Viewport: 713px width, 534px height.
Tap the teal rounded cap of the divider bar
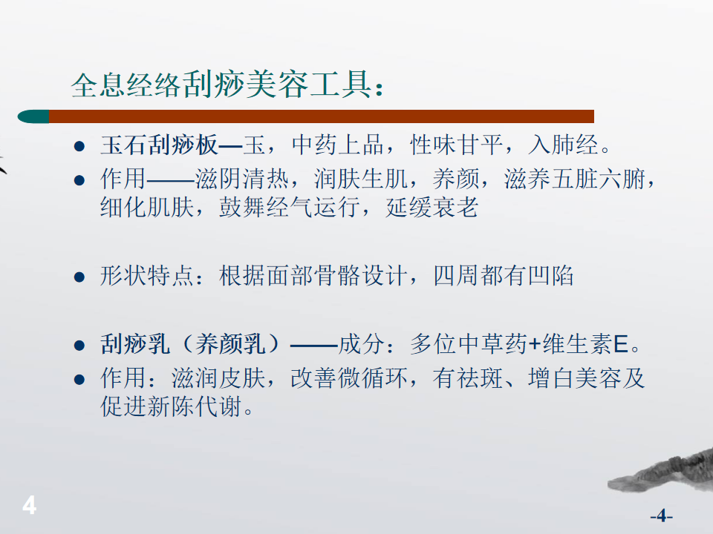pos(33,116)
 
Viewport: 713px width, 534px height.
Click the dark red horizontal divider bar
pos(322,116)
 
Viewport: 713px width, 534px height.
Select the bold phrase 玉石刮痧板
pos(159,145)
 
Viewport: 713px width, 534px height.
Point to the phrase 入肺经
pos(563,145)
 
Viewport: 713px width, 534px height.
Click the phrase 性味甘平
pos(456,145)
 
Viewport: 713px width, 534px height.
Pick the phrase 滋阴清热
pos(242,179)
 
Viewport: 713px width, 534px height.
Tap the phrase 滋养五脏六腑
pos(575,179)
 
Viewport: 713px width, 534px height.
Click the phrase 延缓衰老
pos(432,208)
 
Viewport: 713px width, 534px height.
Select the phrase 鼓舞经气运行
pos(289,208)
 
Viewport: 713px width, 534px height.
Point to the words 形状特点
pos(147,276)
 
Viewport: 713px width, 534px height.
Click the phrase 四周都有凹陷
pos(504,276)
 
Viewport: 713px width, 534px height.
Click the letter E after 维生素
pos(621,344)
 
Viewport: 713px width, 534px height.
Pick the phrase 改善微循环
pos(349,378)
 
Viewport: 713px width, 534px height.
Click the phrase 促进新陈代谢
pos(171,406)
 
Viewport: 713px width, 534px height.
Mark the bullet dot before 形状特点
pos(79,277)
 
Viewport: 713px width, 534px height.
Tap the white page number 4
pos(30,505)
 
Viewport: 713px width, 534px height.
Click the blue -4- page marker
pos(661,516)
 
